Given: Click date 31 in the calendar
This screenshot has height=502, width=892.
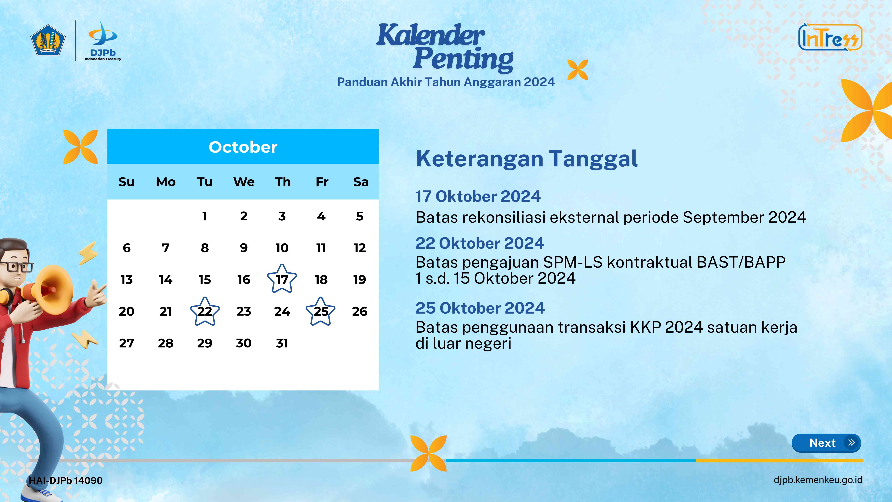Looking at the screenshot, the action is coord(282,343).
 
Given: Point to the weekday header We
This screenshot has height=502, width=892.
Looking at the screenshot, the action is coord(244,182).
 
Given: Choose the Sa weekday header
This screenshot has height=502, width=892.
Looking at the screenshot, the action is coord(361,182).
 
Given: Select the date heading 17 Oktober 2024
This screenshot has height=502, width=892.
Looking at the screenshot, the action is coord(478,196).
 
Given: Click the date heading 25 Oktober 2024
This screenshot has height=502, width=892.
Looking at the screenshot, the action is coord(480,308).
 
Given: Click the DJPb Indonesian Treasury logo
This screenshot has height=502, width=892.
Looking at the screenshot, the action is coord(103,41).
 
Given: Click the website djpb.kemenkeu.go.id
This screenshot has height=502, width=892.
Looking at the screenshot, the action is coord(818,480).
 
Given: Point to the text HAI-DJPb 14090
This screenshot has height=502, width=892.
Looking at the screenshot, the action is coord(66,481).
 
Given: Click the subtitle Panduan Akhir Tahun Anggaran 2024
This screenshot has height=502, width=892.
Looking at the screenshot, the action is coord(446,82).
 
